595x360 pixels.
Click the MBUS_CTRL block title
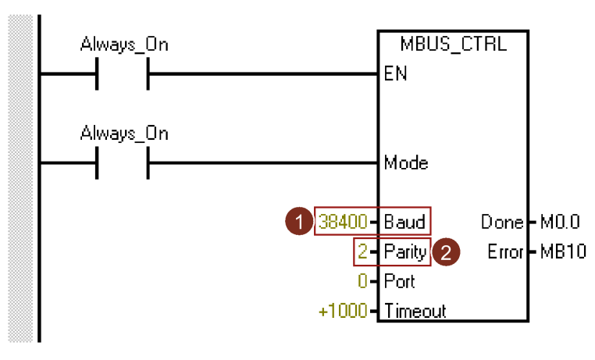[x=453, y=44]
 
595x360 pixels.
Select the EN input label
[x=395, y=76]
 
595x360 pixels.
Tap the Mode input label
[x=406, y=163]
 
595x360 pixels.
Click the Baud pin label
[x=404, y=223]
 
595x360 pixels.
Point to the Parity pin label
[x=405, y=252]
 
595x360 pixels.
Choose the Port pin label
[x=399, y=281]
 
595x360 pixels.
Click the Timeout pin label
[x=415, y=311]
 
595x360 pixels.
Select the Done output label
[x=501, y=223]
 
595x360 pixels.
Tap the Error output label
[x=503, y=252]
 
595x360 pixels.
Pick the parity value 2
[x=362, y=252]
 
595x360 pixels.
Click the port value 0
[x=362, y=281]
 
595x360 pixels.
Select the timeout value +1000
[x=343, y=311]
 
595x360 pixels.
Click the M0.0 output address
[x=560, y=223]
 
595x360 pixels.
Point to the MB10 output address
[x=560, y=252]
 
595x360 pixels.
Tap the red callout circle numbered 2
[x=446, y=252]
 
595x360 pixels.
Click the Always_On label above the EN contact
[x=124, y=45]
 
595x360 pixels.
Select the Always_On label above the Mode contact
[x=124, y=133]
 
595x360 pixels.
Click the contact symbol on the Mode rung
[x=123, y=163]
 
